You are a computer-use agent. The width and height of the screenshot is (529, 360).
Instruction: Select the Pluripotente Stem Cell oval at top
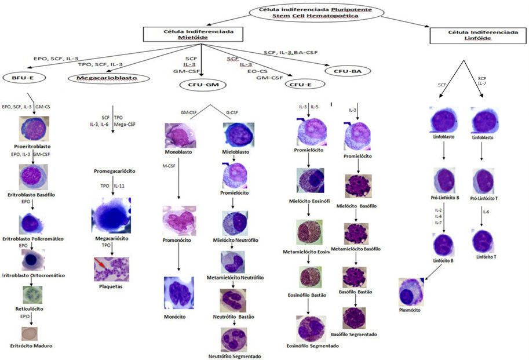318,13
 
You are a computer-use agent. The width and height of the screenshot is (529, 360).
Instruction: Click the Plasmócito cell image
415,292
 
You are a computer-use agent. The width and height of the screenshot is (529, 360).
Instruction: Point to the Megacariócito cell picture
111,214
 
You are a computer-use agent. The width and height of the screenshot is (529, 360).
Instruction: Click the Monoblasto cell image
181,135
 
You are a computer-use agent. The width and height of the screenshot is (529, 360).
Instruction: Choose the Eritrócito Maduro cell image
29,334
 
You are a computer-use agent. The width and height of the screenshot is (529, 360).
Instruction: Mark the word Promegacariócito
115,171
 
